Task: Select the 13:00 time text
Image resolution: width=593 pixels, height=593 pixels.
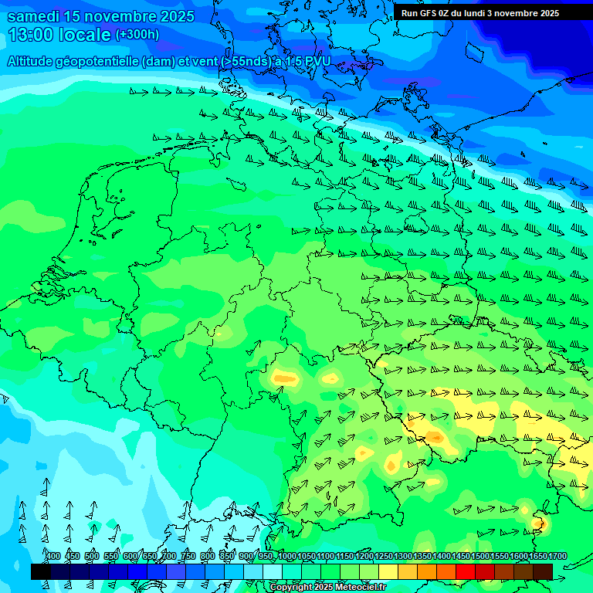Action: (32, 34)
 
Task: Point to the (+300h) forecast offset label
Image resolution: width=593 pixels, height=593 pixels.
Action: (137, 35)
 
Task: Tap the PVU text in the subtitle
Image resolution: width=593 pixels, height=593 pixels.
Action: (317, 61)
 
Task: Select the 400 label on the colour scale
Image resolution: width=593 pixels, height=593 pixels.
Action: (53, 557)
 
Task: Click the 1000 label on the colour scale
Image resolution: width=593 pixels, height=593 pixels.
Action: (286, 557)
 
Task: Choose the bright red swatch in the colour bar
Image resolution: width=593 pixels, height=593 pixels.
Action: (466, 571)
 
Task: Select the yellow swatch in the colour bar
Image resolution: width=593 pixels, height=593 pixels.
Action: (388, 571)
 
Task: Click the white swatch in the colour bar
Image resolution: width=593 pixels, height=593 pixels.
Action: (273, 571)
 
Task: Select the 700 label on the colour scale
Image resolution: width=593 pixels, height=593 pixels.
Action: (169, 557)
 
